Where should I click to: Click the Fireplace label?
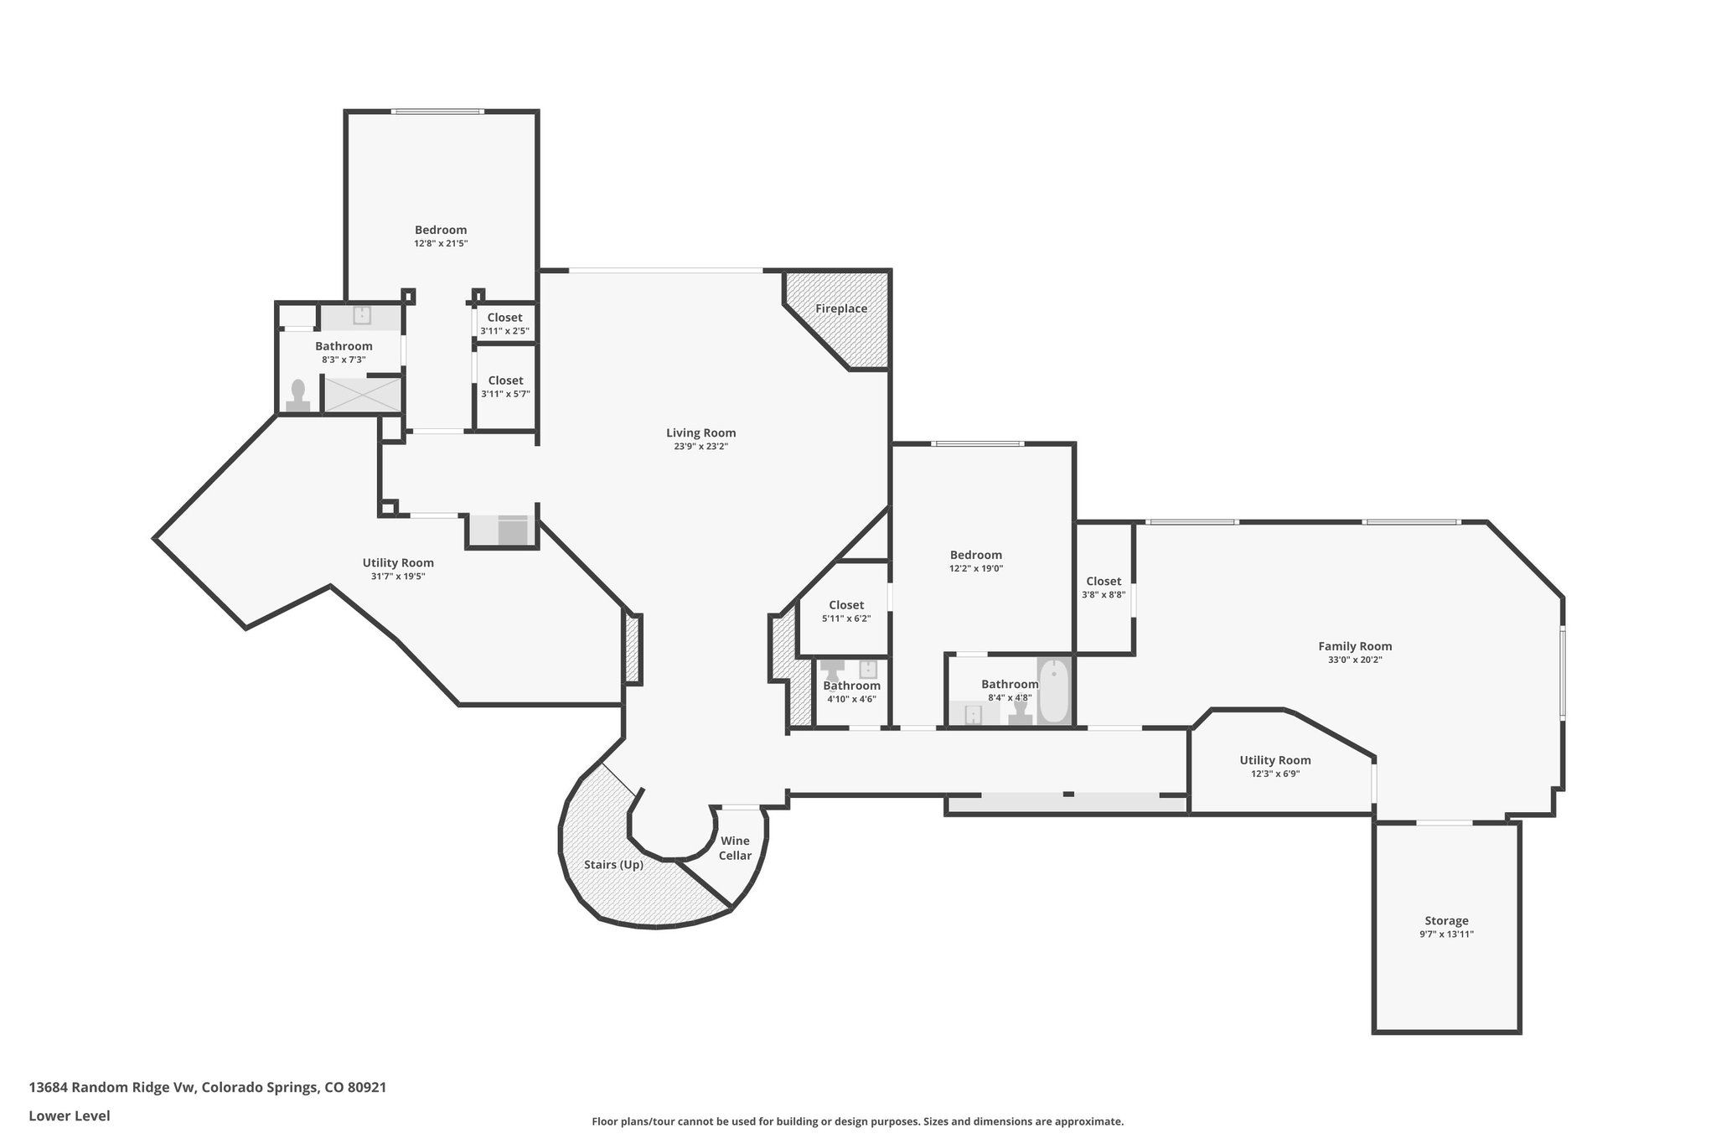841,308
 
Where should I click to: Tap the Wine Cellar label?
735,848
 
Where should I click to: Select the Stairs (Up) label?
613,865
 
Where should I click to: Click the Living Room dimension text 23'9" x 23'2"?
701,447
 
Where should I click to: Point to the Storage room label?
1446,920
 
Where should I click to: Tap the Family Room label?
1355,646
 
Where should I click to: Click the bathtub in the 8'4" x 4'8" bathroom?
1054,691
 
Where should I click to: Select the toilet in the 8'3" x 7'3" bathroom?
297,396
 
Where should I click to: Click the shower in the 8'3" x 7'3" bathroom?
363,395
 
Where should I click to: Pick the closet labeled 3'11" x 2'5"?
505,323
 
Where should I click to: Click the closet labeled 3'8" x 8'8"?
1104,587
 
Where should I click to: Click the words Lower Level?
70,1116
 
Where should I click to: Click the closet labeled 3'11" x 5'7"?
505,387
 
